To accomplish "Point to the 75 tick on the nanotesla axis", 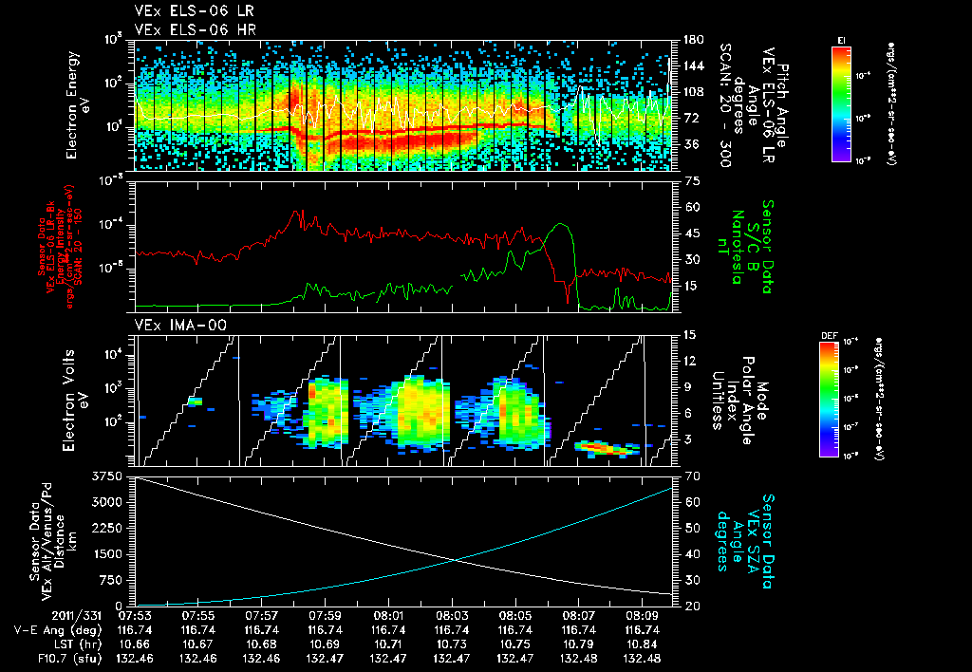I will pos(690,179).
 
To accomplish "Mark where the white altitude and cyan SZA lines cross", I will pos(458,560).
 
